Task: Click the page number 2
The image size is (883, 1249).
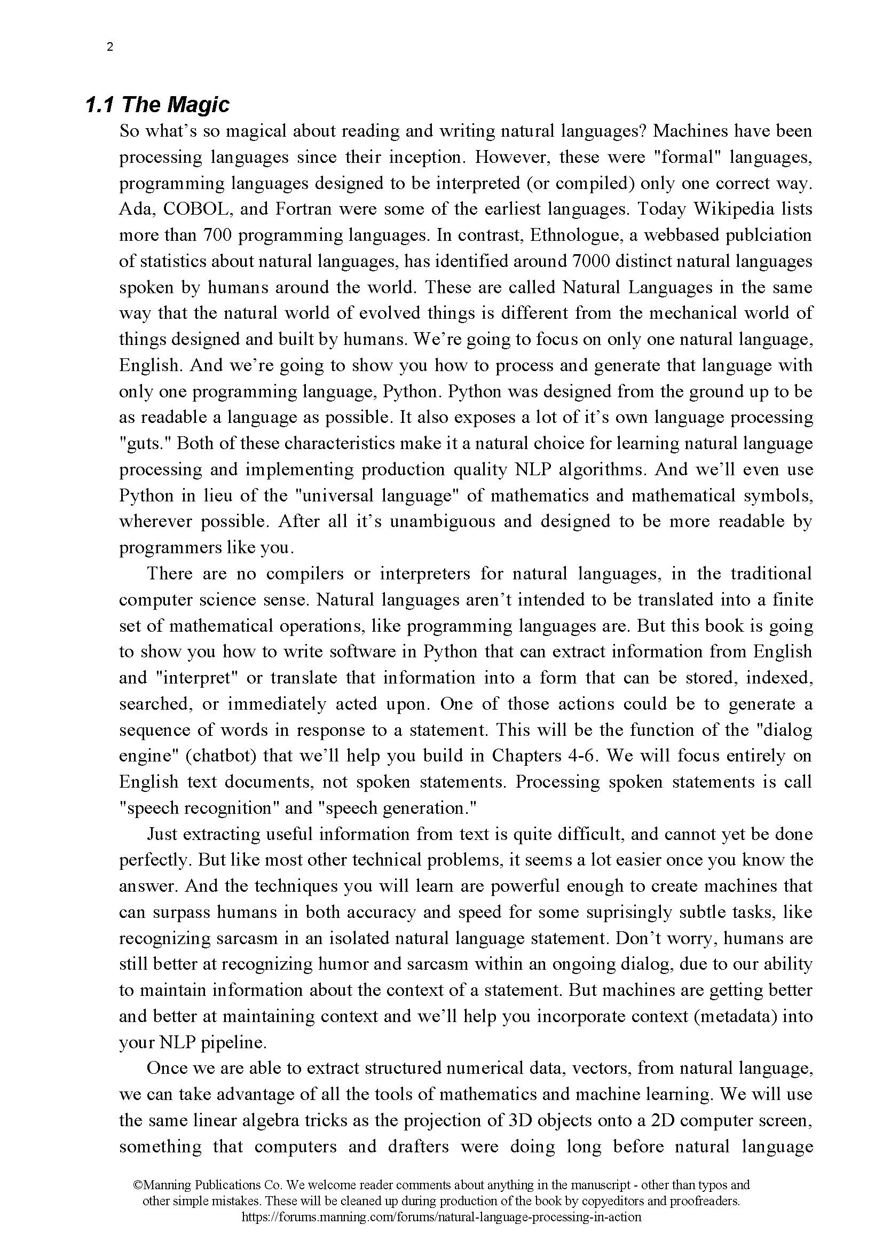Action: coord(111,48)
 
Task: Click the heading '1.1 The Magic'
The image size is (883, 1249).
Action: coord(157,105)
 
